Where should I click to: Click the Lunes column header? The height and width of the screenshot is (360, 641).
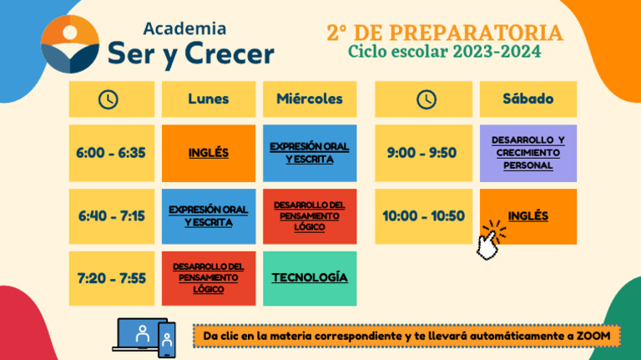point(209,99)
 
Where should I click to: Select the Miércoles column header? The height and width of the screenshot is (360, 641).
point(310,99)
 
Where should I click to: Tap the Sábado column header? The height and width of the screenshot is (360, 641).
point(527,99)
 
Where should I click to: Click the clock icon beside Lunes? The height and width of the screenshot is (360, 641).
point(109,99)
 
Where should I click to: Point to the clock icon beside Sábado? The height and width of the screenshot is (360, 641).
point(426,99)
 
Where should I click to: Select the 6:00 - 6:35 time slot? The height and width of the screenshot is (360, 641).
point(111,153)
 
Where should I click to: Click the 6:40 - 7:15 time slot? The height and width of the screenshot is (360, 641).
point(111,215)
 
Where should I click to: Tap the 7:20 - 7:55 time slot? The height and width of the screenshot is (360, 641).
point(111,278)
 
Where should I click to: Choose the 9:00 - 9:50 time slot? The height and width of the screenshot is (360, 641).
point(422,153)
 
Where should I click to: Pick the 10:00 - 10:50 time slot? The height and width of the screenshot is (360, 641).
point(423,215)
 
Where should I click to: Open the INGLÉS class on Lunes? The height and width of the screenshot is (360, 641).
point(209,153)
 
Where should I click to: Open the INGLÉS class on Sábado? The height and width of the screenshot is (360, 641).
point(527,215)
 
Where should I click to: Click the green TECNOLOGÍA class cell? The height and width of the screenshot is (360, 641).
point(310,277)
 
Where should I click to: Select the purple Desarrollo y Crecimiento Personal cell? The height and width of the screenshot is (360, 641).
point(527,153)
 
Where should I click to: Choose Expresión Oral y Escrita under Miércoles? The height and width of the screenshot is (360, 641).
point(310,153)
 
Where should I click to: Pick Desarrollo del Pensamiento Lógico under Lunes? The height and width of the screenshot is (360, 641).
point(209,278)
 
